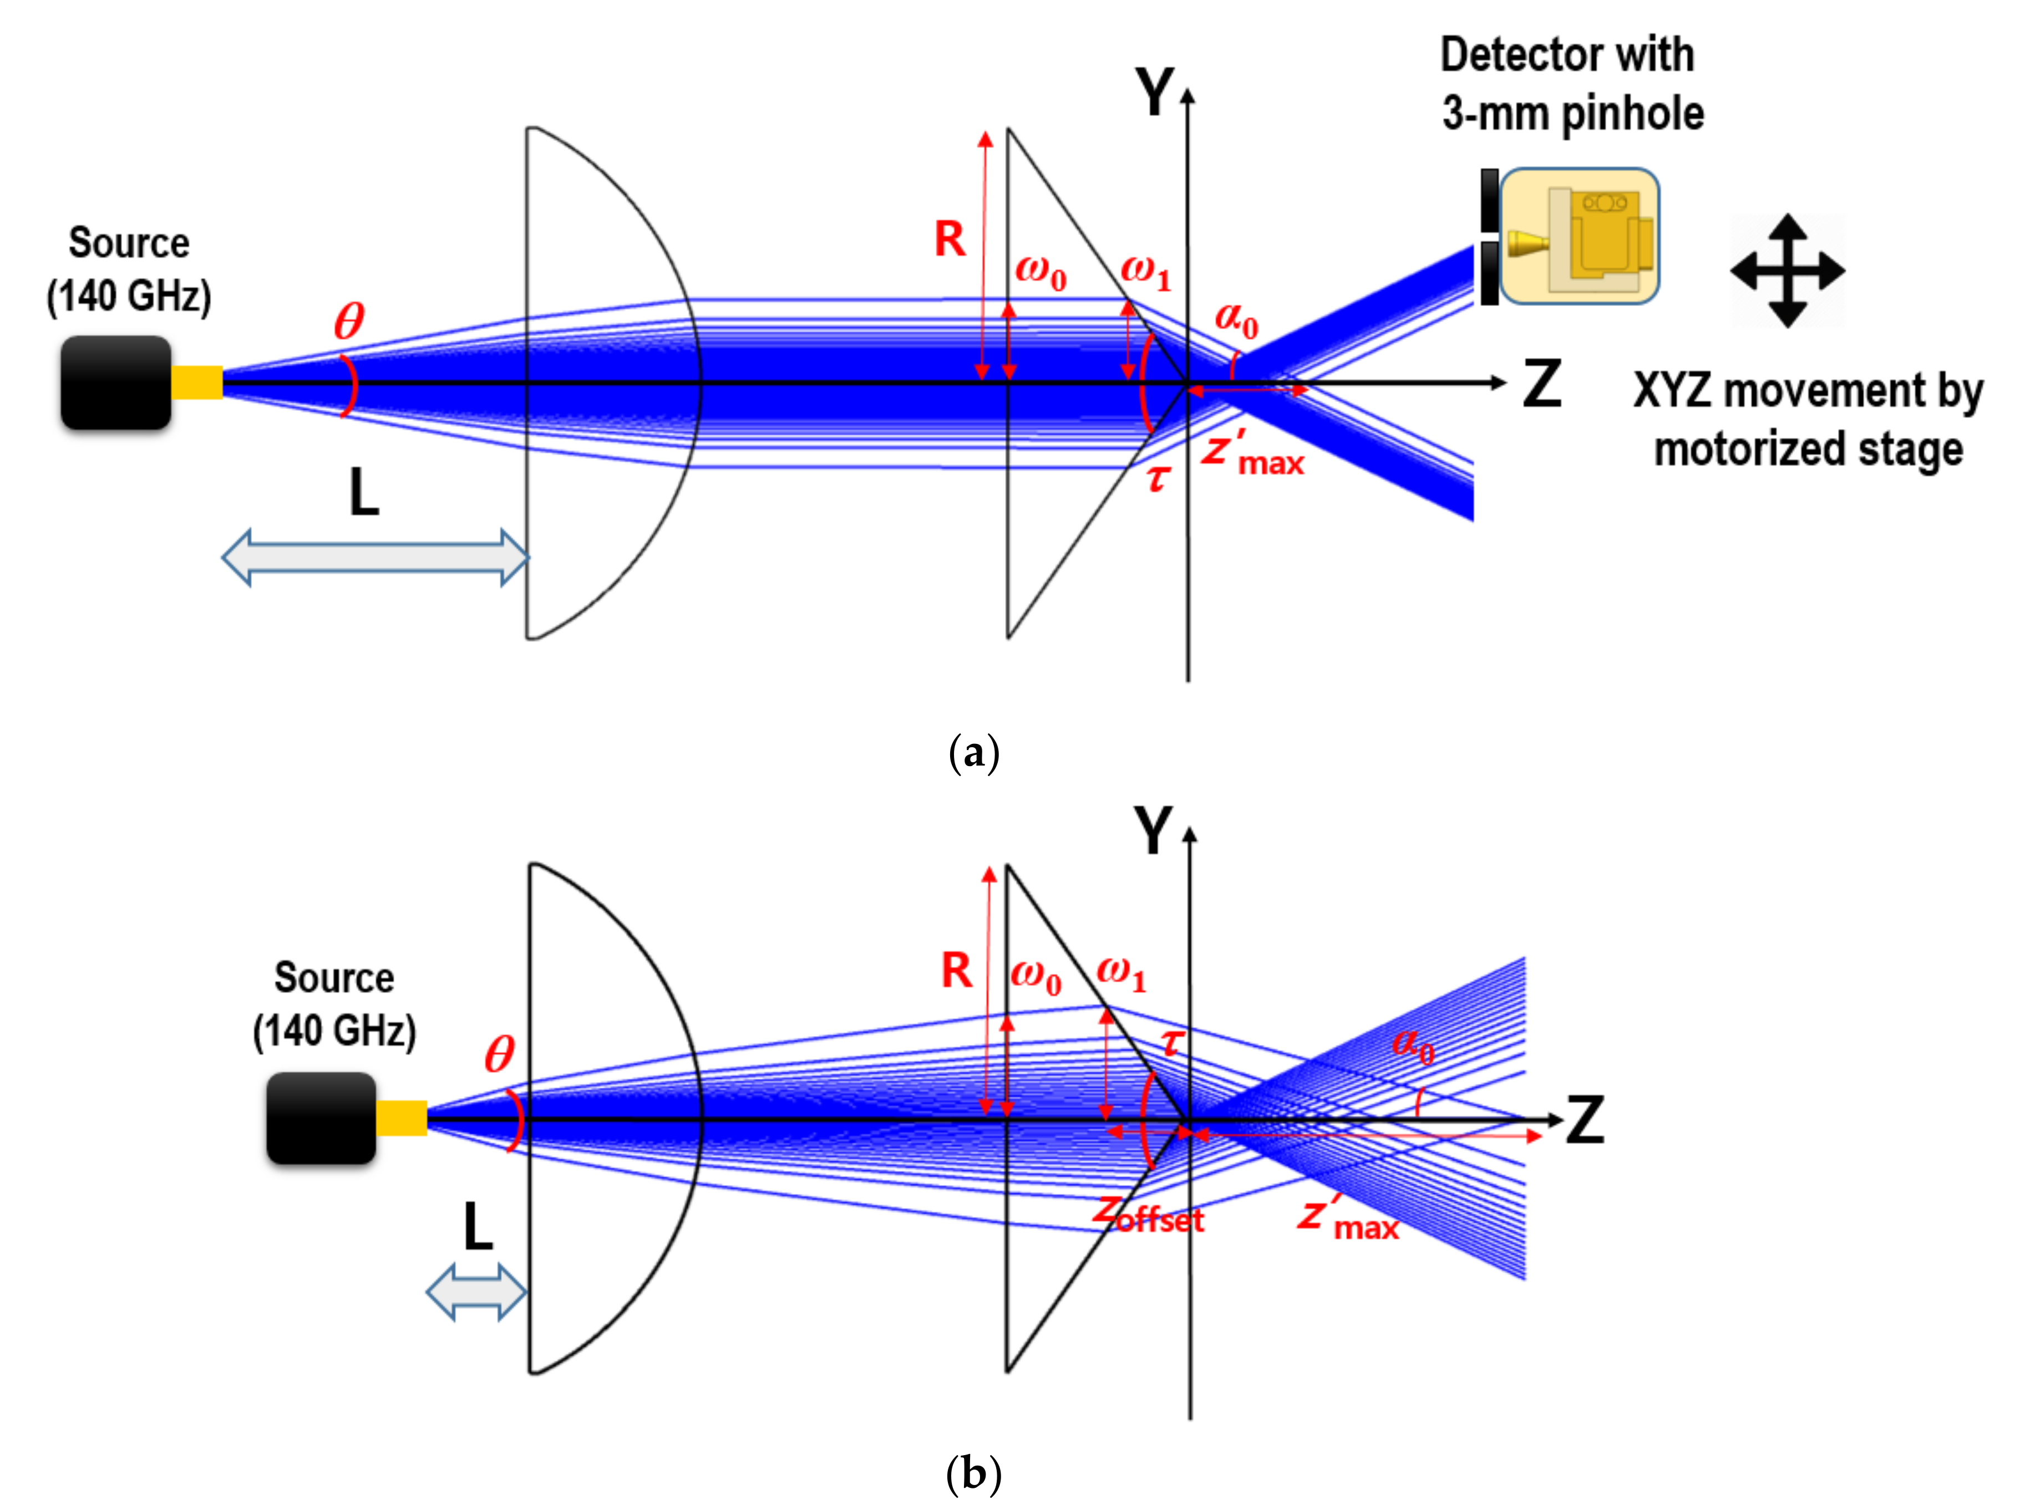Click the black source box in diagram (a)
pos(116,382)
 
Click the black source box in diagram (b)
pos(321,1118)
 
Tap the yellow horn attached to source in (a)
pos(196,382)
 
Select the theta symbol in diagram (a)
pos(348,321)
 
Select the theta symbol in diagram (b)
pos(499,1055)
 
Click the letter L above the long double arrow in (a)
pos(364,493)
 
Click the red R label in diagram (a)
pos(950,239)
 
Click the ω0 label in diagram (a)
pos(1041,272)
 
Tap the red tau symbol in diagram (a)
pos(1158,477)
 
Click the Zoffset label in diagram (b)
pos(1149,1216)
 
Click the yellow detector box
pos(1579,236)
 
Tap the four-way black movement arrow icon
pos(1788,271)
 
